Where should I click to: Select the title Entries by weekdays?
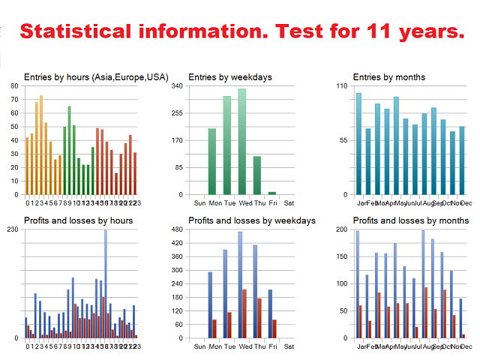(x=229, y=76)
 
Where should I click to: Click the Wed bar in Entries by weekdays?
(x=241, y=142)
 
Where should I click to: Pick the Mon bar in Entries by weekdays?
(x=212, y=161)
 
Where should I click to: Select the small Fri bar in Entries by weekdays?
(x=272, y=193)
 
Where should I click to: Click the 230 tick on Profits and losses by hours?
(x=13, y=229)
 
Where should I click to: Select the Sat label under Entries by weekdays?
(x=289, y=202)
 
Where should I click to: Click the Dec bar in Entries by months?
(x=462, y=160)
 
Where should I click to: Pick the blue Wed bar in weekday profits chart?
(x=240, y=284)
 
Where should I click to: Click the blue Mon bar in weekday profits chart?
(x=210, y=304)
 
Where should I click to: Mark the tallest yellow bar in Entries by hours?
(x=40, y=145)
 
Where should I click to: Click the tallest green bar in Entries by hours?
(x=69, y=150)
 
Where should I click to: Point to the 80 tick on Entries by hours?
(x=14, y=86)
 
